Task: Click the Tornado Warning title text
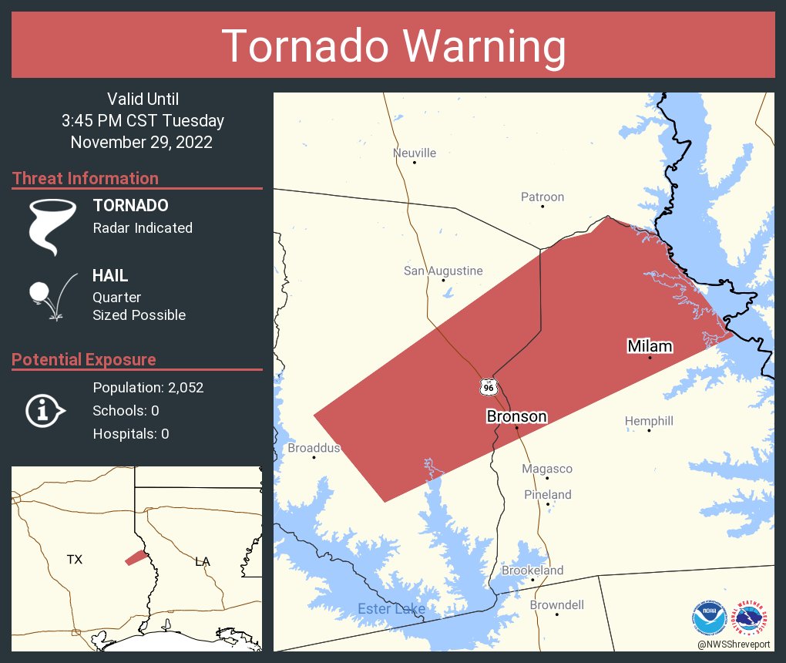coord(394,46)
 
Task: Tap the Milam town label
coord(650,346)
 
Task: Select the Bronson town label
coord(516,416)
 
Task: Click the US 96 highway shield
coord(488,387)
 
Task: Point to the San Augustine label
coord(443,271)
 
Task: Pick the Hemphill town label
coord(649,421)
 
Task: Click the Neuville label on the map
coord(415,153)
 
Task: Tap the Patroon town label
coord(542,197)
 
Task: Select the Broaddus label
coord(314,448)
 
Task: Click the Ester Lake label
coord(391,609)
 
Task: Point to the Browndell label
coord(556,605)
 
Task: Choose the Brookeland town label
coord(532,570)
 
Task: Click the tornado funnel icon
coord(52,226)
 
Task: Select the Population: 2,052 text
coord(148,388)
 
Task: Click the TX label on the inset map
coord(74,560)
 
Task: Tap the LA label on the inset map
coord(202,561)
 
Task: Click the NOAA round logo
coord(709,618)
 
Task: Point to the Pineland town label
coord(548,494)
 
